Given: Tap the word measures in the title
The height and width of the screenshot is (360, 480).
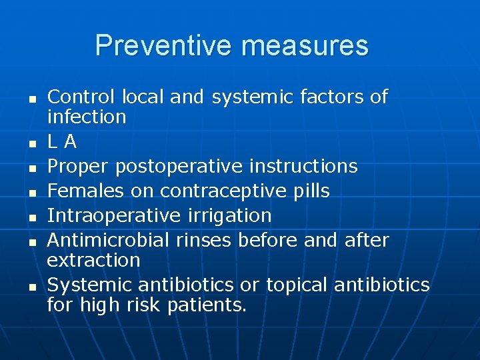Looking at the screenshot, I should click(x=305, y=46).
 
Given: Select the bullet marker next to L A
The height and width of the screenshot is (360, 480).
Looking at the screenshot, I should click(x=31, y=143).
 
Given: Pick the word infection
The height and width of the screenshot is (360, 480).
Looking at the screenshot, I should click(x=87, y=117).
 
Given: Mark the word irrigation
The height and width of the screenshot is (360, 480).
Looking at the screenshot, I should click(x=231, y=216).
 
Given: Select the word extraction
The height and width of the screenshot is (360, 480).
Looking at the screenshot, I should click(x=94, y=260).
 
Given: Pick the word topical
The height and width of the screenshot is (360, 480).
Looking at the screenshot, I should click(x=297, y=285).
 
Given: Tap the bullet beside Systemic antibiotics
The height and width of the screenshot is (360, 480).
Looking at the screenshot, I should click(x=31, y=286).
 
